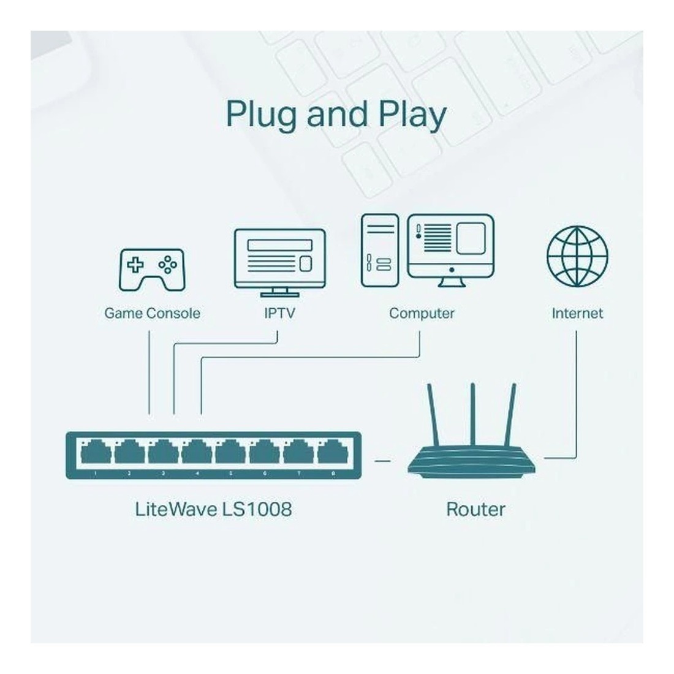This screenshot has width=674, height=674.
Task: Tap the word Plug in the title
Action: pyautogui.click(x=260, y=115)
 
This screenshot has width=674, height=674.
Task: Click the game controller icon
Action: pyautogui.click(x=151, y=269)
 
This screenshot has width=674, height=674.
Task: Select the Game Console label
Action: pyautogui.click(x=152, y=314)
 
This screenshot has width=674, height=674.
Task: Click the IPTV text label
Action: pyautogui.click(x=279, y=314)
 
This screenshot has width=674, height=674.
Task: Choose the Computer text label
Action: pyautogui.click(x=422, y=314)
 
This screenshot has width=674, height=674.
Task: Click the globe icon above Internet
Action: pyautogui.click(x=577, y=256)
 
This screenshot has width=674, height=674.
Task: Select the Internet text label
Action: pyautogui.click(x=577, y=314)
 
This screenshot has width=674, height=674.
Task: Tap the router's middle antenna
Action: pyautogui.click(x=473, y=417)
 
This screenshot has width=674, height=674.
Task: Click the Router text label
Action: pyautogui.click(x=475, y=509)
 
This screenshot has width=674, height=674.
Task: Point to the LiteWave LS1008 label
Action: pyautogui.click(x=213, y=509)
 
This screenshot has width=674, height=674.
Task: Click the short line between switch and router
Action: pyautogui.click(x=382, y=459)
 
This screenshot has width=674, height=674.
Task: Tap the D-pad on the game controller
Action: pyautogui.click(x=135, y=265)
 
